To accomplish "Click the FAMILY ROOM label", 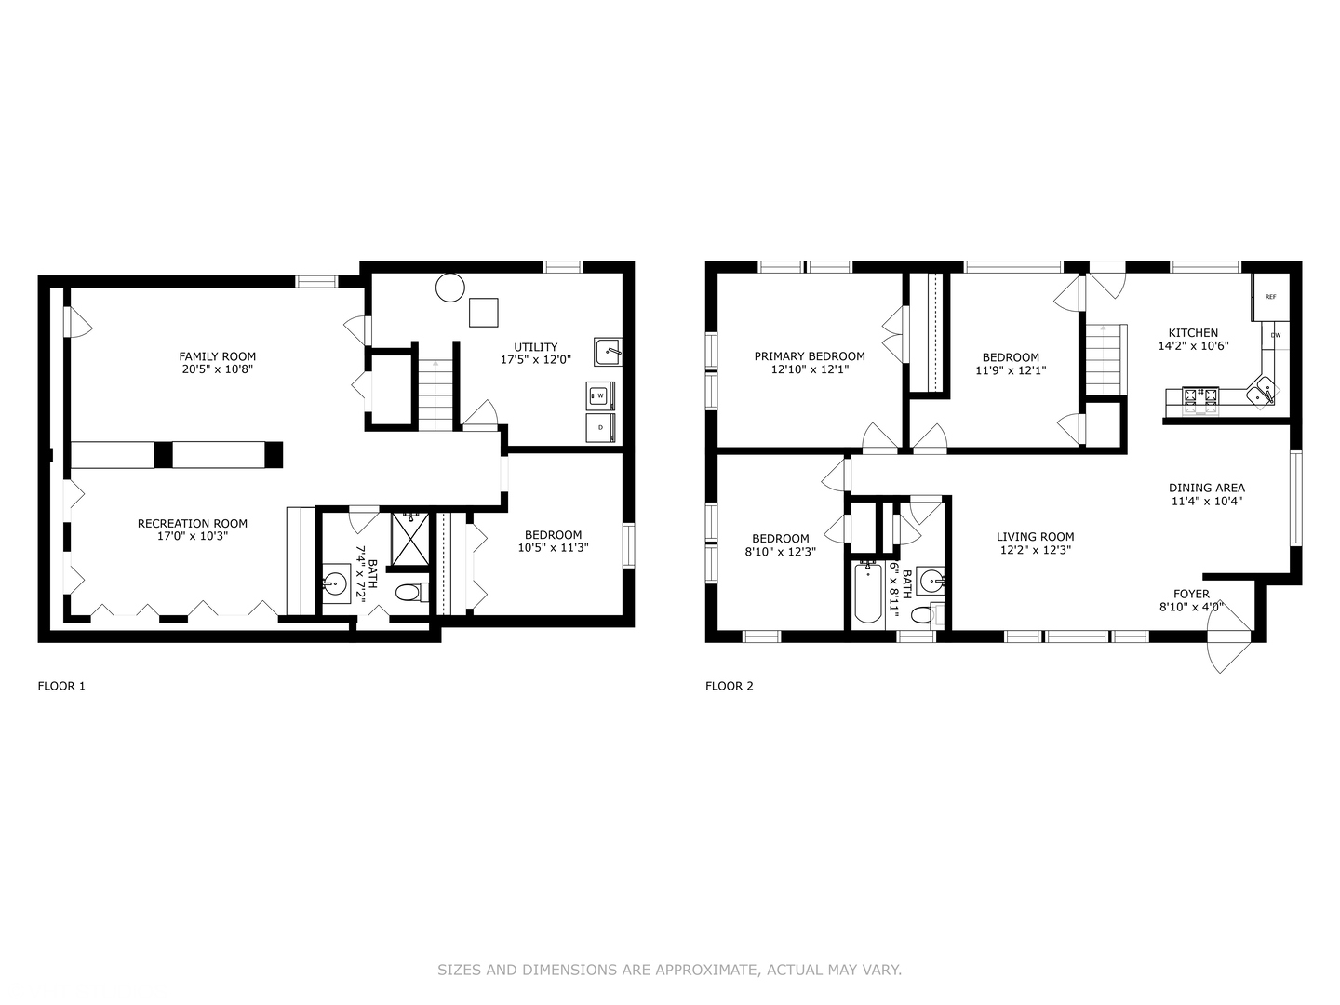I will tap(217, 356).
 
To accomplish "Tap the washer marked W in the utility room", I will tap(600, 395).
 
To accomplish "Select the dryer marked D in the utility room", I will tap(600, 427).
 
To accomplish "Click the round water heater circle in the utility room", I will tap(449, 288).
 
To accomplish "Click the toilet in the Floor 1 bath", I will tap(410, 592).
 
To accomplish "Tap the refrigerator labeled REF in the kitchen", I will tap(1270, 296).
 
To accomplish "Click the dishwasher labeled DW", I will tap(1275, 335).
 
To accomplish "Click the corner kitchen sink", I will tap(1264, 391).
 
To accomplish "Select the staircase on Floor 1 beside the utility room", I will tap(435, 395).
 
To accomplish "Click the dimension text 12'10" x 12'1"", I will tap(809, 369).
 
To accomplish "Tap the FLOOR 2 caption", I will tap(729, 687).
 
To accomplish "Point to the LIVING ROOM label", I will tap(1035, 537).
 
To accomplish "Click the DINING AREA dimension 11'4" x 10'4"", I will tap(1206, 501).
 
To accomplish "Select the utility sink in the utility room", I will tap(608, 352).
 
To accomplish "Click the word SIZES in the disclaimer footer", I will tap(458, 970).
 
